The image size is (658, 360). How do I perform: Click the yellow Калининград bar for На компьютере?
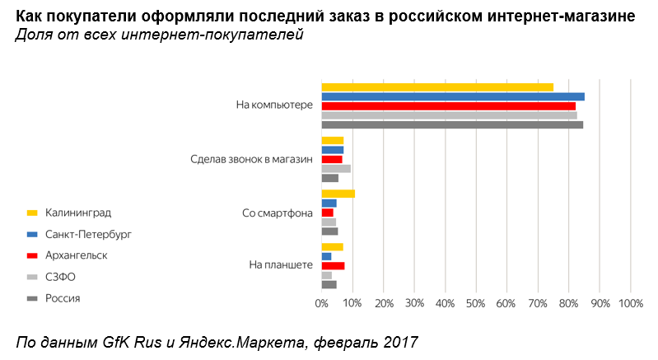coord(436,87)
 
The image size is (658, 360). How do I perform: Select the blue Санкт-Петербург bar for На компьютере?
coord(452,96)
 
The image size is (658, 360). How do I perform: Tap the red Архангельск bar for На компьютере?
coord(448,105)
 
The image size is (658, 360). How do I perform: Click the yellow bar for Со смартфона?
coord(338,194)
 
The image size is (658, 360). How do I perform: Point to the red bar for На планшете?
coord(333,266)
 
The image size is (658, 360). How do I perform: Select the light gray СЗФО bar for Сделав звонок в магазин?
coord(335,168)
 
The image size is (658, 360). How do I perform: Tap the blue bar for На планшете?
coord(326,256)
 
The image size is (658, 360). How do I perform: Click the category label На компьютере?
coord(274,105)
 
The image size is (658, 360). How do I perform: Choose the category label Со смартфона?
coord(278,213)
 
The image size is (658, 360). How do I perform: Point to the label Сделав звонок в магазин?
coord(251,159)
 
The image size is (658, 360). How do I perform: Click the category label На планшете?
coord(280,265)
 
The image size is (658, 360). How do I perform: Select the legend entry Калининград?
coord(78,213)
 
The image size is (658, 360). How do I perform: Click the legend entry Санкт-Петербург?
coord(88,234)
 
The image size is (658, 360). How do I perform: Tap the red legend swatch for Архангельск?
coord(33,255)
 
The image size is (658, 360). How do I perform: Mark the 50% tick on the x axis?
coord(476,304)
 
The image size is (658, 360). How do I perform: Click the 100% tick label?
coord(630,304)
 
